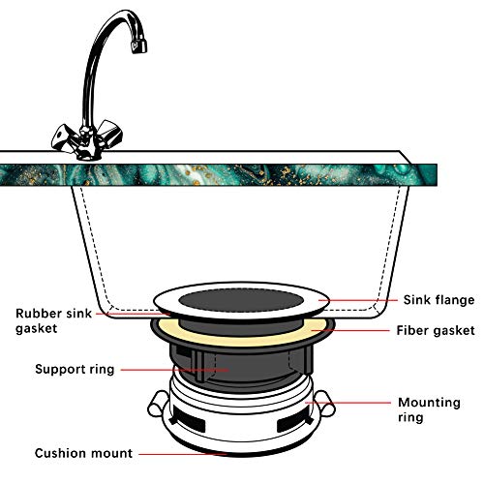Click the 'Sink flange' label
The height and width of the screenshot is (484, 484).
[433, 300]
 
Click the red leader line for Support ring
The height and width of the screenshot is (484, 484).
[174, 369]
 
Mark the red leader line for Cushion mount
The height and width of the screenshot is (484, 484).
[184, 453]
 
